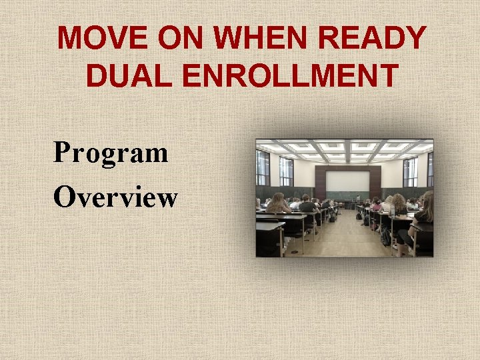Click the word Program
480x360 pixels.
click(x=111, y=153)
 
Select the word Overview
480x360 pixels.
click(x=115, y=197)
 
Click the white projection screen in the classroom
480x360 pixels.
click(x=347, y=181)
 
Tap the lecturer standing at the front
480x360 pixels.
click(x=357, y=198)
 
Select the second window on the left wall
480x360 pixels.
click(x=286, y=171)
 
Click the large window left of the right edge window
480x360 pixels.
click(x=410, y=172)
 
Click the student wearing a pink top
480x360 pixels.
click(x=377, y=206)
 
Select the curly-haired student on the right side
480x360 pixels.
click(x=400, y=204)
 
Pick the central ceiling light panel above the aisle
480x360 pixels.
click(x=347, y=148)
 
